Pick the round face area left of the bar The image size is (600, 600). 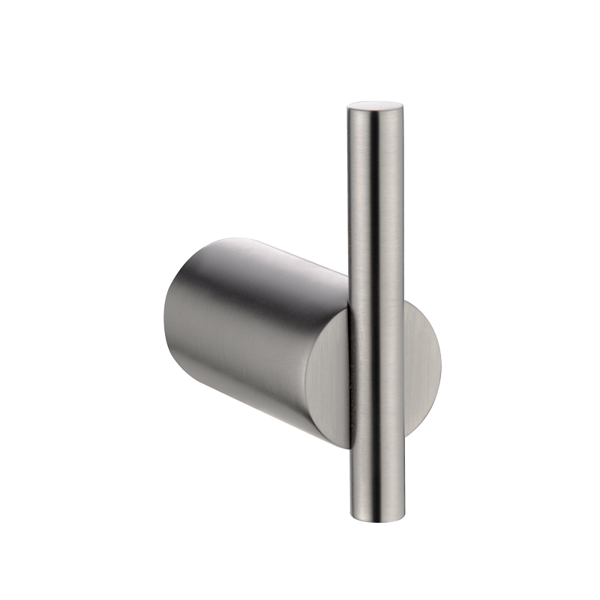point(330,382)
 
